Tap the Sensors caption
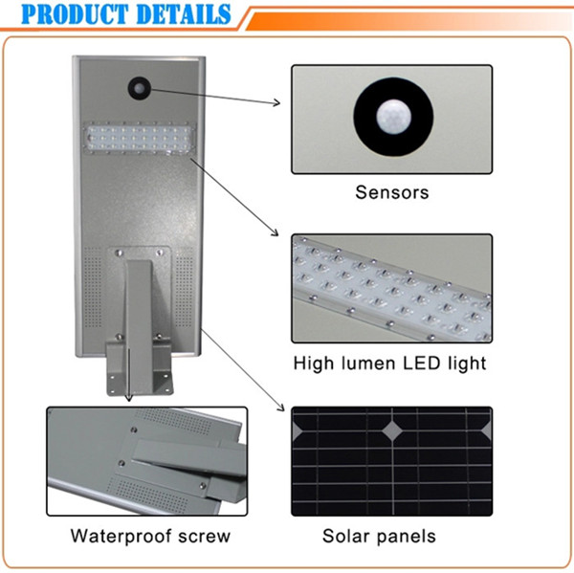pos(392,192)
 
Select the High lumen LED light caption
pos(390,364)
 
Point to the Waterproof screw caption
pos(150,537)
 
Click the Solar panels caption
pos(379,536)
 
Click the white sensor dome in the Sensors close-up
pos(393,117)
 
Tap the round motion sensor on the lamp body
pos(140,88)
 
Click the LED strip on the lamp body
pos(140,139)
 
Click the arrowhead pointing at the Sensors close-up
pos(276,102)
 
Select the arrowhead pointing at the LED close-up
pos(275,232)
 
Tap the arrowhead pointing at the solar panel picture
pos(280,407)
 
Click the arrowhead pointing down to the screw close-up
pos(128,398)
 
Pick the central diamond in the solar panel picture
pos(392,430)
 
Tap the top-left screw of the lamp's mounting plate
pos(118,253)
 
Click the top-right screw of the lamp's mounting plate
pos(160,253)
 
